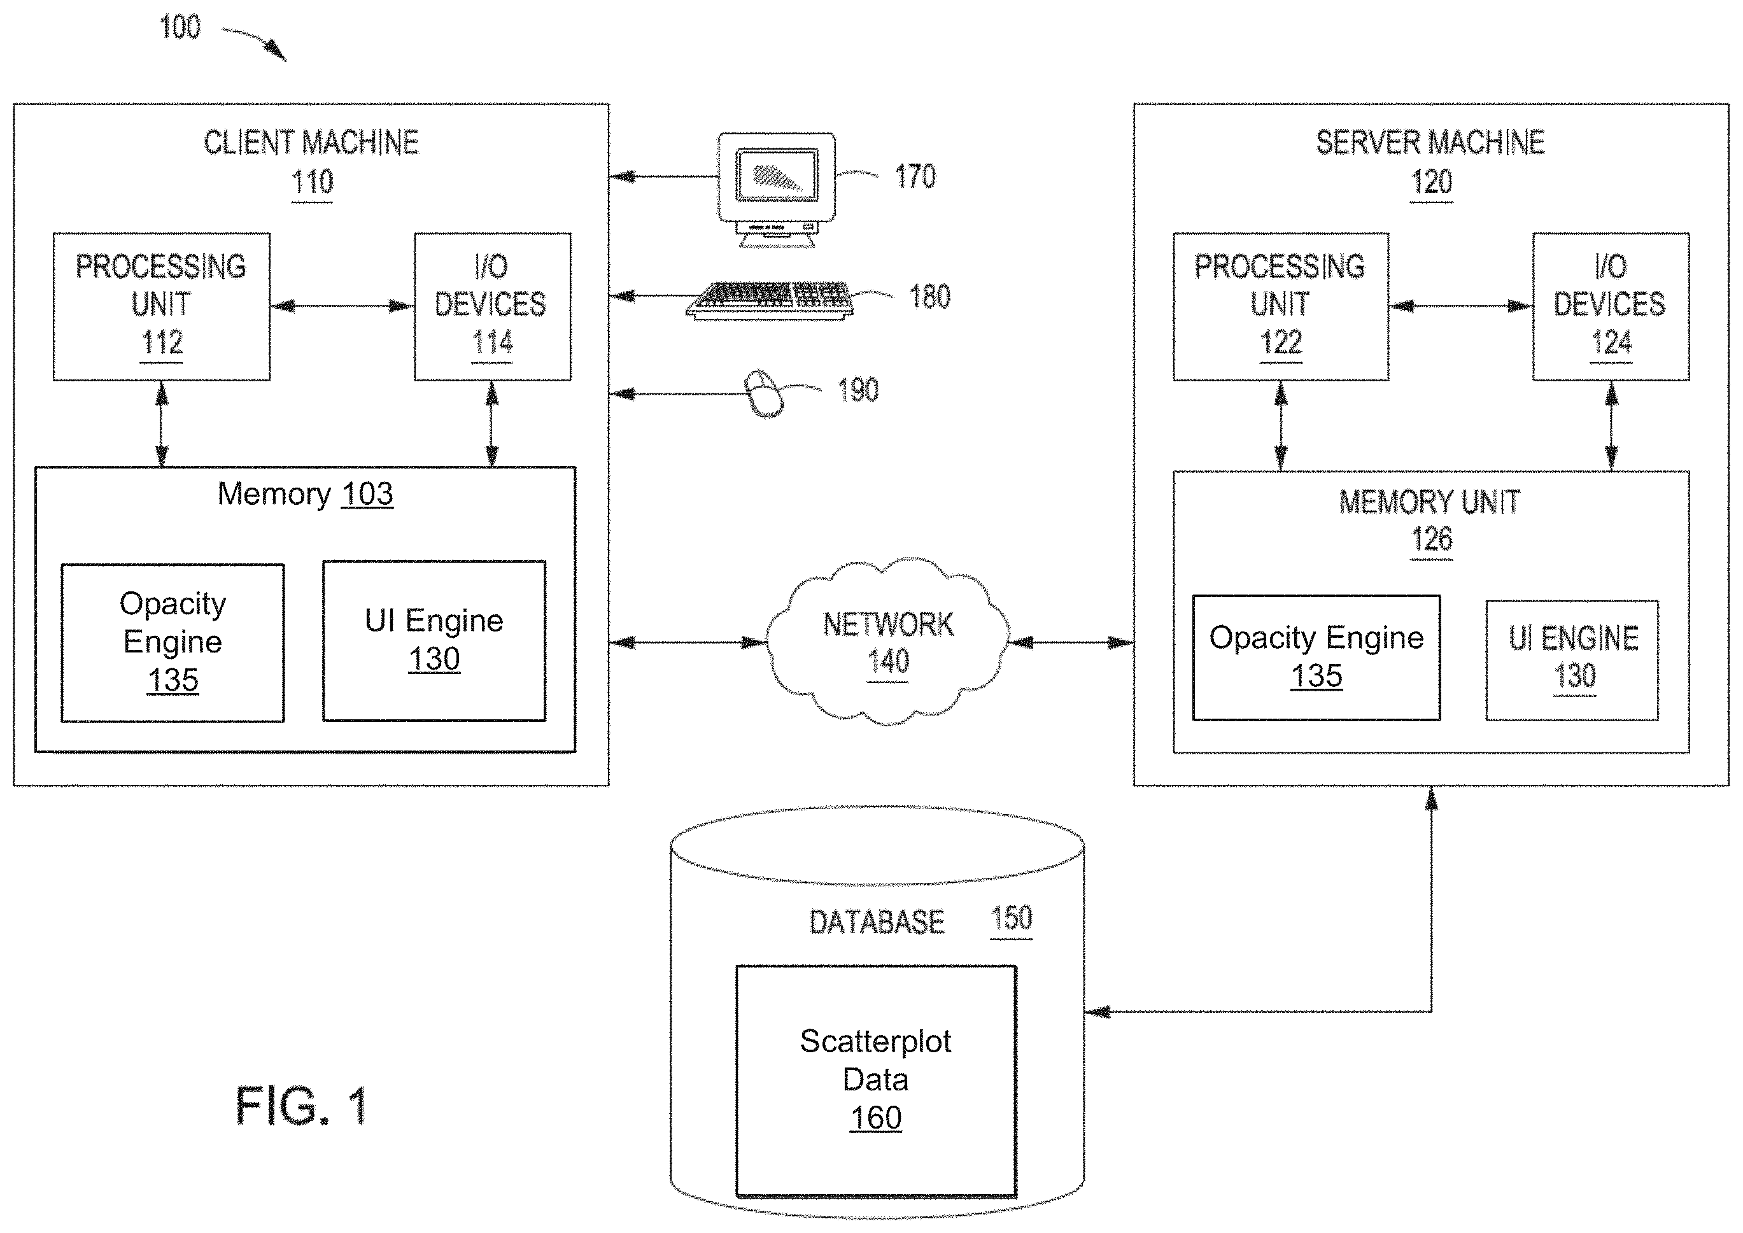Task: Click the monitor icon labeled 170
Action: (x=777, y=190)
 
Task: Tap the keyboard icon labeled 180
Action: (x=770, y=300)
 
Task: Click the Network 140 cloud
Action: (x=887, y=642)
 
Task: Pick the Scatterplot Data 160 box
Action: (x=876, y=1081)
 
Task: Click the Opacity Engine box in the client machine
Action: (x=173, y=642)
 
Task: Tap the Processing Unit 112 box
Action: (x=162, y=307)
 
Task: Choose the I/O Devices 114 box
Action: (x=493, y=307)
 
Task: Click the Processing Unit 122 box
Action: (x=1281, y=307)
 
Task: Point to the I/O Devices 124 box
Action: (x=1611, y=307)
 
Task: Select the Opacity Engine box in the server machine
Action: (x=1316, y=658)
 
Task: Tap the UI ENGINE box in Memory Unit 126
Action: (x=1572, y=659)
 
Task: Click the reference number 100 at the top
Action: (x=180, y=27)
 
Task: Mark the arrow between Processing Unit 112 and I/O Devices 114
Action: (x=342, y=307)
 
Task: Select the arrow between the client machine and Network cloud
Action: (x=688, y=642)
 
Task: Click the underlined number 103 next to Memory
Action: (x=367, y=494)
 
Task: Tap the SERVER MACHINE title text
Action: (x=1430, y=143)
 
